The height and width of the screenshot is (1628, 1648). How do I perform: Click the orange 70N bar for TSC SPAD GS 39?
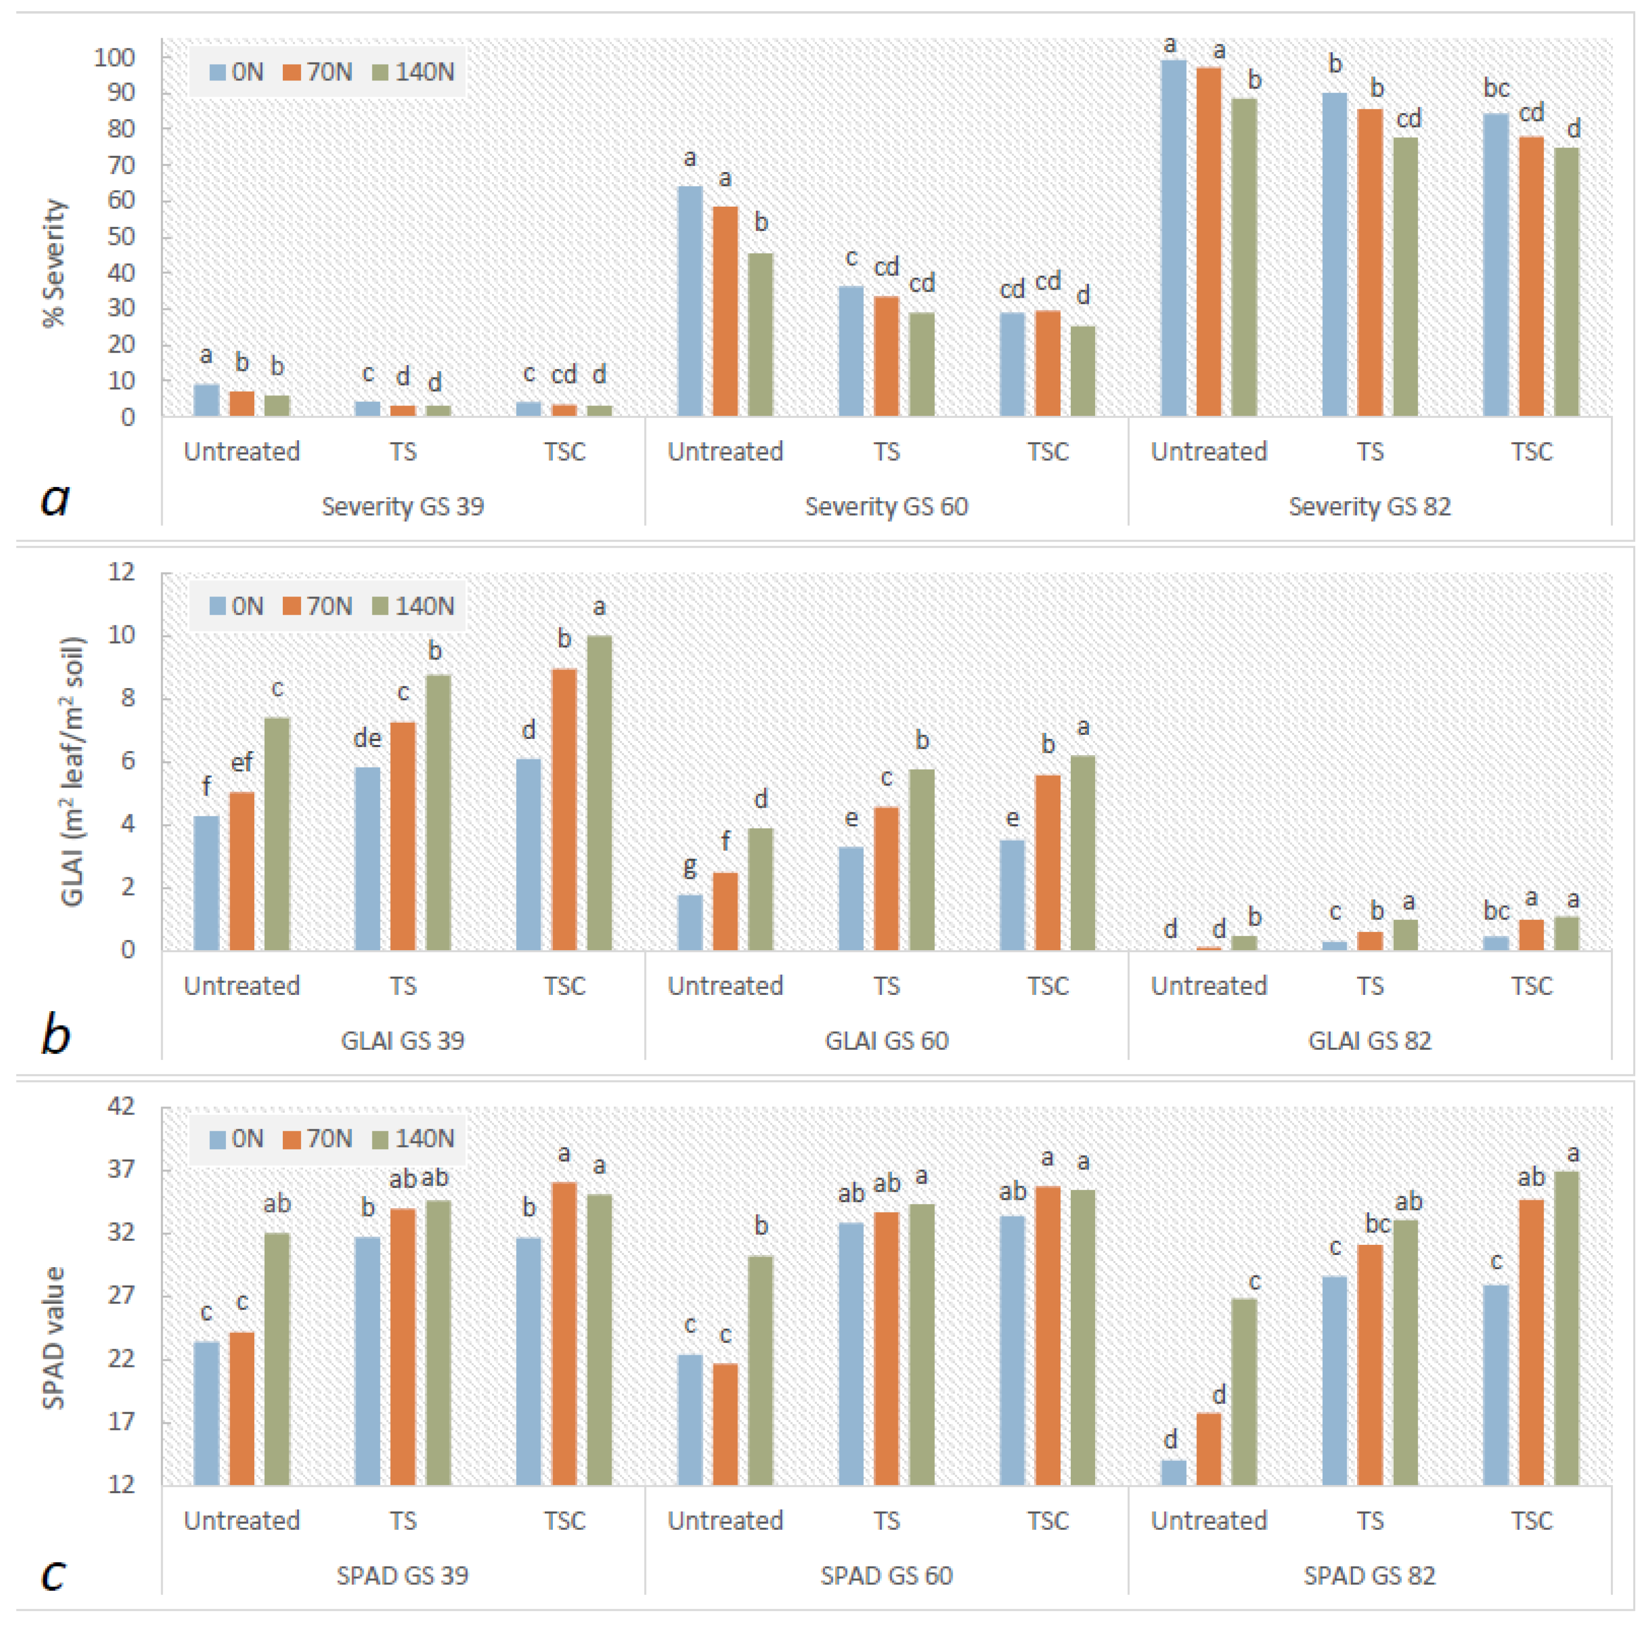(564, 1334)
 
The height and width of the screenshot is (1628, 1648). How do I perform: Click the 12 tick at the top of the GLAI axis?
(121, 572)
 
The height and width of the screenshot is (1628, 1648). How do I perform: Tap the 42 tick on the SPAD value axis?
(121, 1107)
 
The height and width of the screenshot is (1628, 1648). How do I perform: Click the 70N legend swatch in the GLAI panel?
(292, 606)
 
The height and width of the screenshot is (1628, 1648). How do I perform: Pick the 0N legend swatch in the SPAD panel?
(218, 1139)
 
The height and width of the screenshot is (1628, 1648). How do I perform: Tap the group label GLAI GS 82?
(1370, 1041)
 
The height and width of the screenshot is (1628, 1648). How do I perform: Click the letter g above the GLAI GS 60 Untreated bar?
(690, 868)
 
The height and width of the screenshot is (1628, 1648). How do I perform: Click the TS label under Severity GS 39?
(403, 451)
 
